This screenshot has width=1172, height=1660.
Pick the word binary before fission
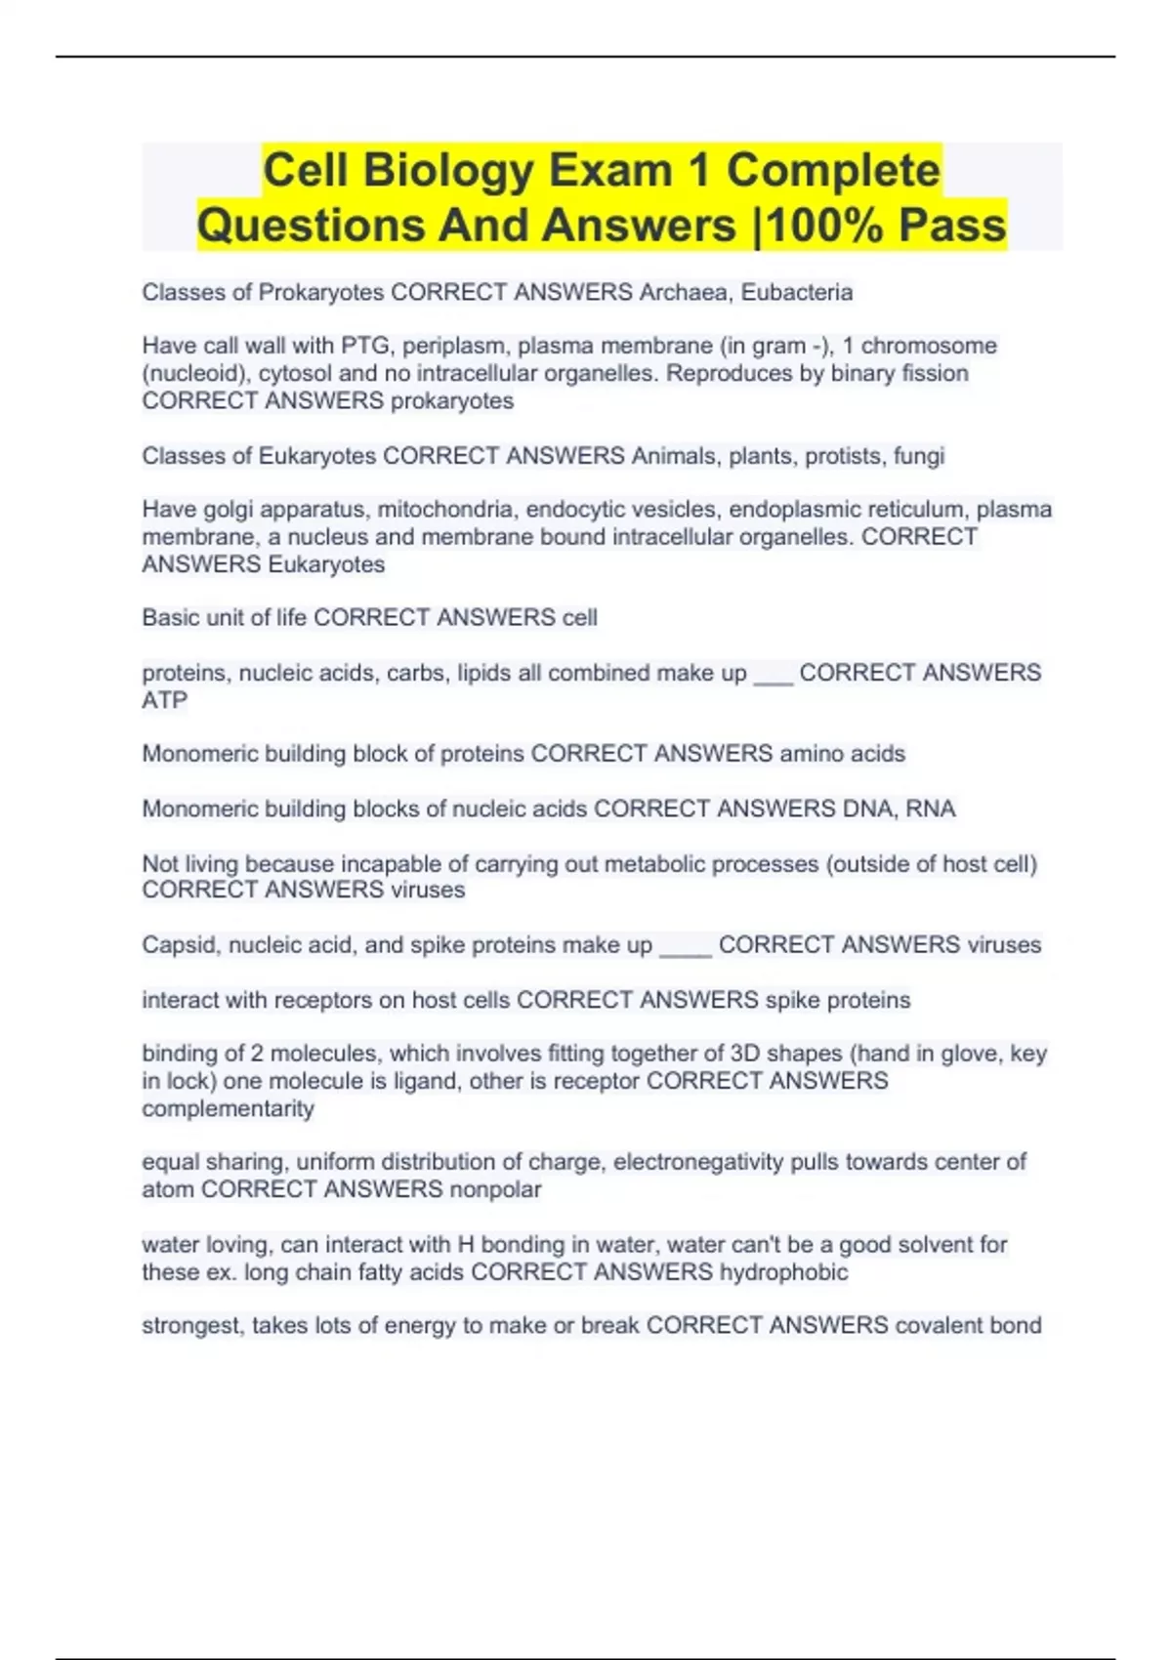click(x=864, y=373)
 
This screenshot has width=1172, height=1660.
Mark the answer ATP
click(x=164, y=700)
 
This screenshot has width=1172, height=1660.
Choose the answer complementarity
click(x=228, y=1108)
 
